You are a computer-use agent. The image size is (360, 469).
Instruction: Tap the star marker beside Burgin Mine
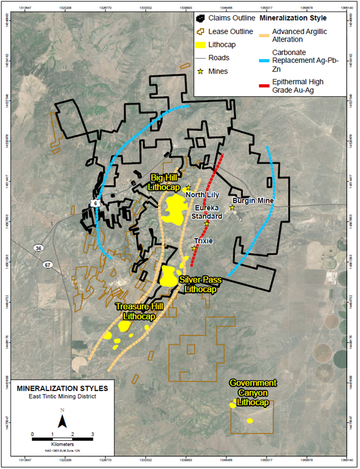tap(232, 207)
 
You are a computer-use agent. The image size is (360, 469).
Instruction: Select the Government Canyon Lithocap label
tap(253, 392)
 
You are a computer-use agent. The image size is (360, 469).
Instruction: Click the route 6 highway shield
tap(94, 203)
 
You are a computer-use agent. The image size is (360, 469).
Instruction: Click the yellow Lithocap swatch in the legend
tap(204, 43)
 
